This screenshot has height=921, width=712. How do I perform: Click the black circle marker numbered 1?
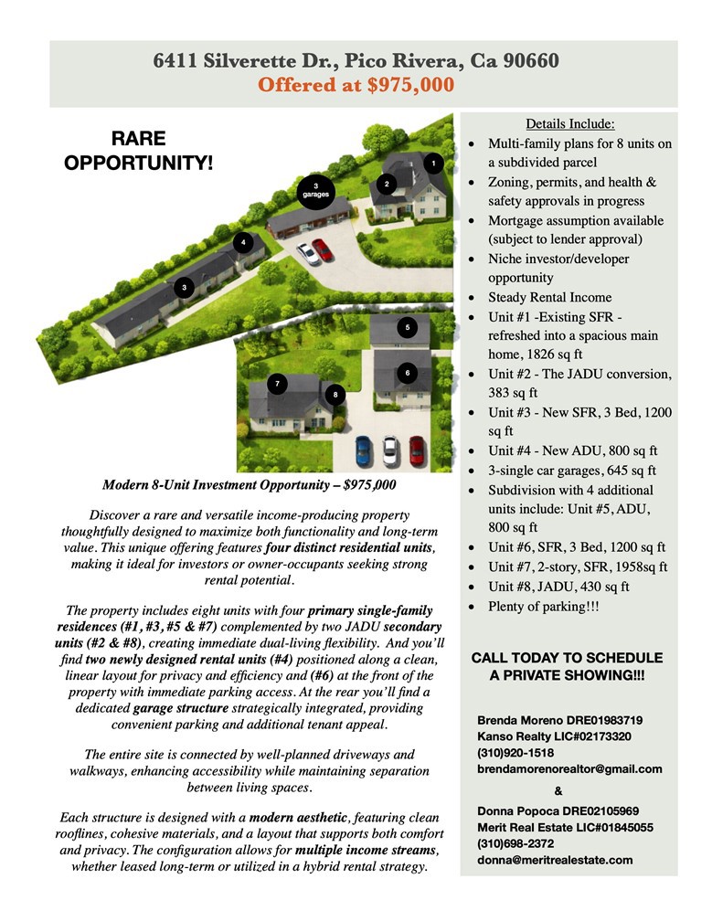[x=432, y=164]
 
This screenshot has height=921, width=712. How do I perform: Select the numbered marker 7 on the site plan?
[x=278, y=384]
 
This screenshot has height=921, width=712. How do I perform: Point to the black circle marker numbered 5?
[x=408, y=327]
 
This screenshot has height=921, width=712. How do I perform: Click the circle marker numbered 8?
[x=336, y=395]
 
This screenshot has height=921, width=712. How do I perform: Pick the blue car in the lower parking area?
[x=363, y=449]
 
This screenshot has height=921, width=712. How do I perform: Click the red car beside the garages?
[x=322, y=249]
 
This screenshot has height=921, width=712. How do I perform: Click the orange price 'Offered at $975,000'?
[x=356, y=86]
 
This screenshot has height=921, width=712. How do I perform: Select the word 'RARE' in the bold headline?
[x=138, y=140]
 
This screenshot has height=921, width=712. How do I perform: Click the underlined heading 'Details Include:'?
[x=569, y=124]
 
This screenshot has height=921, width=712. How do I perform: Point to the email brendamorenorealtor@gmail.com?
[x=569, y=769]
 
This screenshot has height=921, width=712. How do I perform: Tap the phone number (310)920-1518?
[x=515, y=752]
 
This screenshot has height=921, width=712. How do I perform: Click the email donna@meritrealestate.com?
[x=555, y=860]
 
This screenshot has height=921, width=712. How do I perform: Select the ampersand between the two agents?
[x=558, y=791]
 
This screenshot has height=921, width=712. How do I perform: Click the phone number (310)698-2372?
[x=516, y=843]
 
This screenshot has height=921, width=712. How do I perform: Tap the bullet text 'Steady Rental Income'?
[x=549, y=298]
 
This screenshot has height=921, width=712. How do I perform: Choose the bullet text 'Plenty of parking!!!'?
[x=544, y=607]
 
